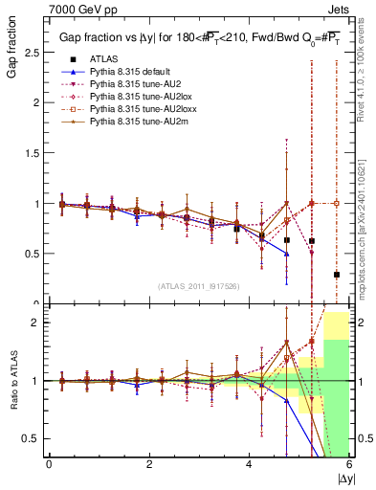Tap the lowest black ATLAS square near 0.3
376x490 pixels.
pos(336,275)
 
